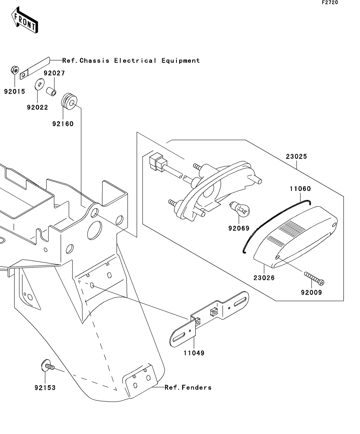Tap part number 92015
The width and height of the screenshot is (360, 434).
pyautogui.click(x=15, y=92)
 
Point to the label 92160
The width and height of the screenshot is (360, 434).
pyautogui.click(x=63, y=124)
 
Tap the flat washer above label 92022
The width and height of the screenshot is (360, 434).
pyautogui.click(x=39, y=85)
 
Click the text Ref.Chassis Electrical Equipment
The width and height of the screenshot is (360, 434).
pyautogui.click(x=131, y=61)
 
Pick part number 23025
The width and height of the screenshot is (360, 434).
pyautogui.click(x=297, y=156)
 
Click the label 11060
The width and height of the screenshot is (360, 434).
pyautogui.click(x=301, y=189)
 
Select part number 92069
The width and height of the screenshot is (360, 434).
pyautogui.click(x=238, y=227)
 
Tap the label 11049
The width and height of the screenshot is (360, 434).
pyautogui.click(x=193, y=353)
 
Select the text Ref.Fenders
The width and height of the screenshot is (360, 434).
pyautogui.click(x=188, y=388)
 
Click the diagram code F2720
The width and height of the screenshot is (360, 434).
pyautogui.click(x=330, y=2)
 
